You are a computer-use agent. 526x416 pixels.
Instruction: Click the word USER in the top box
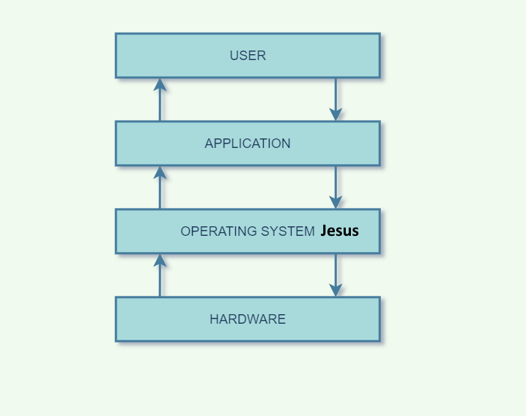(248, 56)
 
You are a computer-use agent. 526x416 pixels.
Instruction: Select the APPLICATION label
(248, 144)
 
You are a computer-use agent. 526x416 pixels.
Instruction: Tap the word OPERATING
(219, 231)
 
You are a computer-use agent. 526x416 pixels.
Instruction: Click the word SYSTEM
(288, 231)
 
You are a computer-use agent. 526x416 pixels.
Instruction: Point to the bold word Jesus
(339, 231)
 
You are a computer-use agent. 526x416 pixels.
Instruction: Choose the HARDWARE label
(248, 319)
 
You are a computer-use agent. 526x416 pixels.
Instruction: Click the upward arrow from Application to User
(160, 100)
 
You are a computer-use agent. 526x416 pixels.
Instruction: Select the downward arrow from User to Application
(336, 100)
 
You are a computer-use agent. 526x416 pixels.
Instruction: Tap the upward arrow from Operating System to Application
(160, 187)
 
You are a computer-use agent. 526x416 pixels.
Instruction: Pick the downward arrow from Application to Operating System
(336, 187)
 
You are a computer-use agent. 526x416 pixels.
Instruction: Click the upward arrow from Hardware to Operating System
(160, 275)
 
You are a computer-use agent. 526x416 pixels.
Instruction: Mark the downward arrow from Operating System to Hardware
(336, 275)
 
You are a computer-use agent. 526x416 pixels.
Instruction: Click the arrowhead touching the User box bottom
(160, 85)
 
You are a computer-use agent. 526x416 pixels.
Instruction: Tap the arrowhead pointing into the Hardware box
(336, 290)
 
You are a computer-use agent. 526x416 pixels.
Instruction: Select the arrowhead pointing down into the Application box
(336, 114)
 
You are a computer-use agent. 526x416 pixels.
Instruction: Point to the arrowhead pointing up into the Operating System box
(160, 261)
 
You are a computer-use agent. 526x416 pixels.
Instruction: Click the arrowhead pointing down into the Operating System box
(336, 202)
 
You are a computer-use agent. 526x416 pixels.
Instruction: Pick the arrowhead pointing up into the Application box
(160, 173)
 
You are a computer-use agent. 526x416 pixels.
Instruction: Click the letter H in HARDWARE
(214, 319)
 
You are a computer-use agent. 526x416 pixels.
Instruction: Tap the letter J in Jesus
(323, 231)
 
